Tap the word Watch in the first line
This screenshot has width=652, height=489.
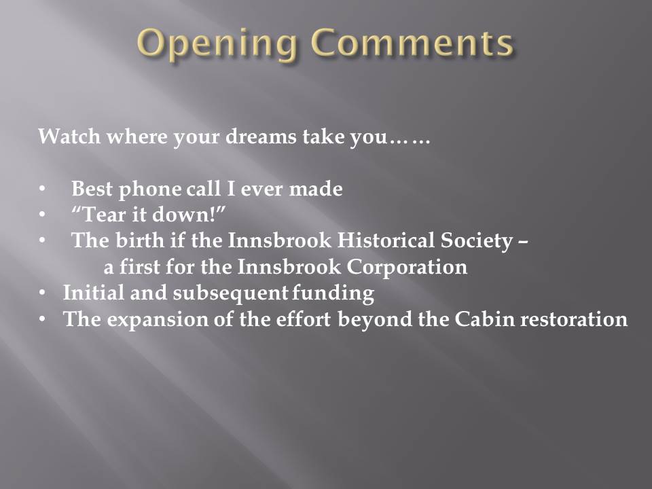(x=69, y=136)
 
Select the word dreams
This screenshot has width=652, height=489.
(x=261, y=136)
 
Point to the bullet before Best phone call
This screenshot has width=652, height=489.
(x=42, y=189)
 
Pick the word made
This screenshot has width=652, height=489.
(x=316, y=189)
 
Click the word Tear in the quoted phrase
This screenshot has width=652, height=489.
(x=99, y=215)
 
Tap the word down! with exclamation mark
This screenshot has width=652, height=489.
(x=188, y=215)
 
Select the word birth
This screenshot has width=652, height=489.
(x=140, y=240)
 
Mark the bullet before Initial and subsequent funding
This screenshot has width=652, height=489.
(x=42, y=293)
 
